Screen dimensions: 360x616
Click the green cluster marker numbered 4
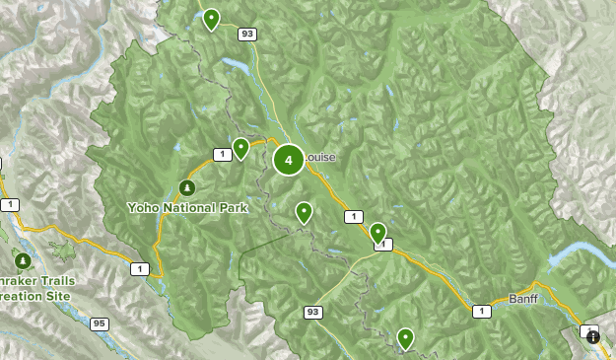pyautogui.click(x=288, y=159)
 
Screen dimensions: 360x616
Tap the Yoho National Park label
pyautogui.click(x=187, y=208)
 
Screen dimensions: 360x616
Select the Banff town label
pyautogui.click(x=525, y=297)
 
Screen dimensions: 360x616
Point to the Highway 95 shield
pyautogui.click(x=99, y=323)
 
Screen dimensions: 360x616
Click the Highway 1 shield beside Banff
pyautogui.click(x=481, y=312)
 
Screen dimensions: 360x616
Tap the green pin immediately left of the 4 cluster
pyautogui.click(x=240, y=149)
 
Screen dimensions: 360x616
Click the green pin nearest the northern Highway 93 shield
pyautogui.click(x=210, y=19)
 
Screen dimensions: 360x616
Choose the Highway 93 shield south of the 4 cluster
pyautogui.click(x=313, y=313)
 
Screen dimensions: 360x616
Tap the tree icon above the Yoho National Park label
pyautogui.click(x=186, y=187)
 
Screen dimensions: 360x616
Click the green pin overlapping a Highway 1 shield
pyautogui.click(x=378, y=233)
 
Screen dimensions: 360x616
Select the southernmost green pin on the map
pyautogui.click(x=405, y=338)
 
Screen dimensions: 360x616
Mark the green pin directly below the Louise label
pyautogui.click(x=304, y=211)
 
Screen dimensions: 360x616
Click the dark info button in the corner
pyautogui.click(x=594, y=336)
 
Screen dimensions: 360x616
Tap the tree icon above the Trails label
pyautogui.click(x=23, y=260)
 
